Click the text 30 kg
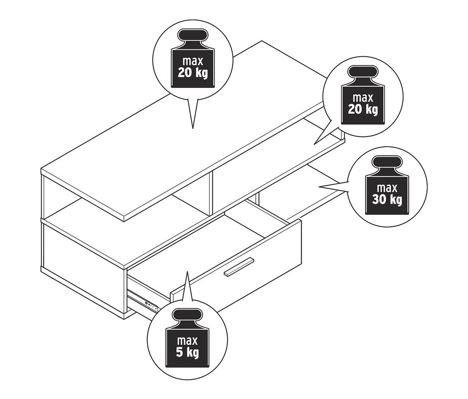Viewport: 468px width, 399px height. click(x=387, y=199)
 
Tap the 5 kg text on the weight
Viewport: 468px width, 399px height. click(x=187, y=352)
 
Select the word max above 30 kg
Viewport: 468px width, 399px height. click(x=387, y=188)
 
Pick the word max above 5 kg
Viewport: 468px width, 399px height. click(x=187, y=341)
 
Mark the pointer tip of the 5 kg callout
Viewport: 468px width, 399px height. click(x=187, y=272)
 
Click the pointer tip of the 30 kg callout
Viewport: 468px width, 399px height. click(x=319, y=187)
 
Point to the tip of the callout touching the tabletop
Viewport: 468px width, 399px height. click(x=193, y=128)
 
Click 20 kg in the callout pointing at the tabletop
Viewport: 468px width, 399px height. click(x=193, y=72)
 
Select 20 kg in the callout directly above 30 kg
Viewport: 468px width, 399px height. click(x=363, y=109)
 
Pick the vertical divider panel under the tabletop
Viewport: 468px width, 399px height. click(x=211, y=193)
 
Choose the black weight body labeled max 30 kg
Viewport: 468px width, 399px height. click(x=387, y=195)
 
